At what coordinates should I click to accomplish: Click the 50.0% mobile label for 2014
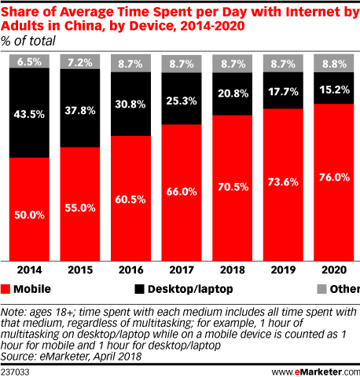click(x=31, y=214)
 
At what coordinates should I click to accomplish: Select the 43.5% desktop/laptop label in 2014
click(x=31, y=112)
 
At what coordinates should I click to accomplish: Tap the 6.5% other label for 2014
click(x=31, y=60)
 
